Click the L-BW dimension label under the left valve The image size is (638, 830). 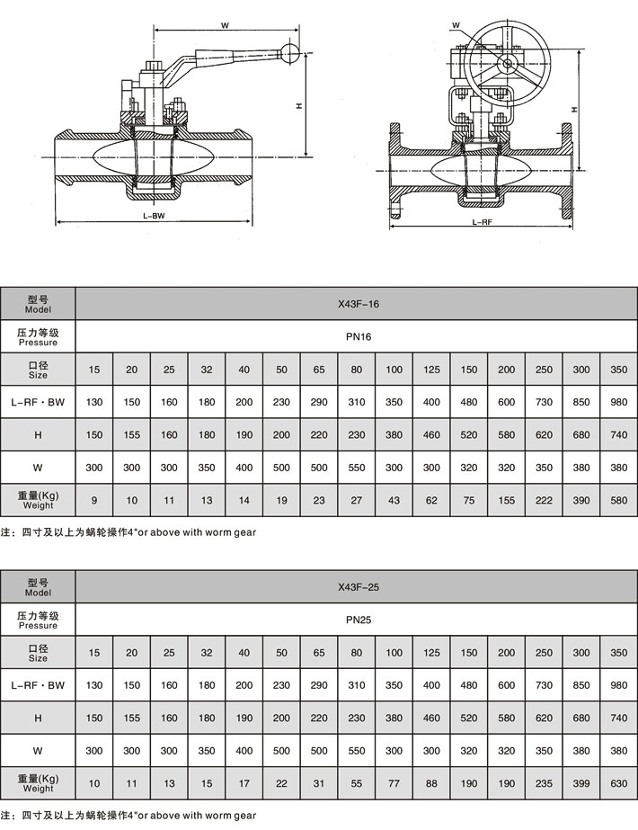tap(154, 217)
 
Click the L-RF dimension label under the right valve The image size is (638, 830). tap(483, 221)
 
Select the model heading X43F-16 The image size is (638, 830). tap(358, 304)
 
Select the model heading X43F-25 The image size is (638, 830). tap(358, 587)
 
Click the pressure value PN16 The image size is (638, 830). tap(358, 336)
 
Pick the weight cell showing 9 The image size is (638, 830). tap(94, 499)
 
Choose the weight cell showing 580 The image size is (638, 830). tap(618, 499)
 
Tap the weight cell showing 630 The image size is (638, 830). tap(618, 782)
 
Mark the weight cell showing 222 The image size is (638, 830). tap(544, 499)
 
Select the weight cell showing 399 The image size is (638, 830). tap(581, 782)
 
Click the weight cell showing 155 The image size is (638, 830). tap(507, 499)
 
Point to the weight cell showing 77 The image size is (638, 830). tap(394, 782)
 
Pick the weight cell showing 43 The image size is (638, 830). tap(394, 499)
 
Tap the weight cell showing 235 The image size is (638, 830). tap(544, 782)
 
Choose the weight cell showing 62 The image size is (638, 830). tap(431, 499)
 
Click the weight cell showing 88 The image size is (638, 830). tap(431, 782)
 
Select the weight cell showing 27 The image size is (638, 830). tap(357, 499)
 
